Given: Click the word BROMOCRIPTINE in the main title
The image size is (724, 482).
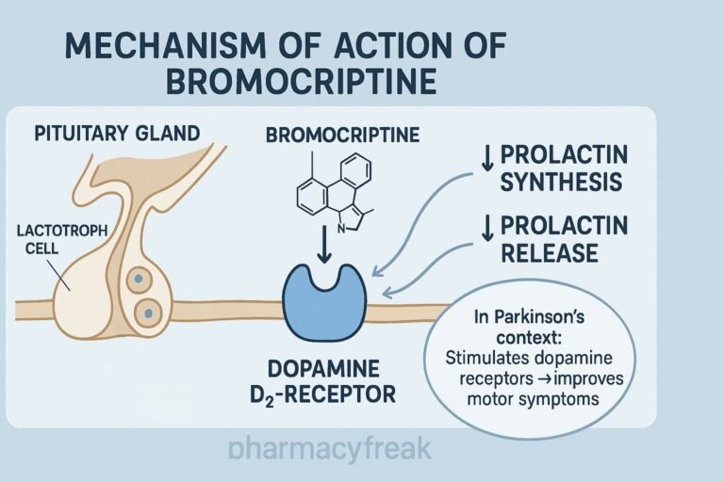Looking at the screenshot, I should pos(301,79).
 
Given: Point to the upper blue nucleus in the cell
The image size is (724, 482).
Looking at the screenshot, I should pos(139,279).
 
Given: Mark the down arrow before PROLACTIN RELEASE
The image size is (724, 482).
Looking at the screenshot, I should pos(487,226).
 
